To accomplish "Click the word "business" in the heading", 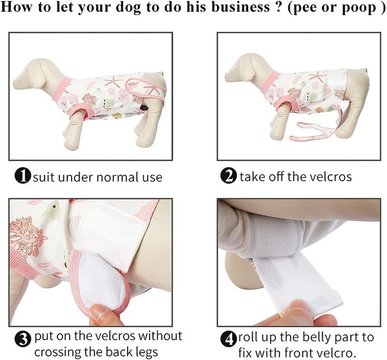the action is click(x=240, y=7).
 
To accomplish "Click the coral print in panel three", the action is click(x=27, y=237).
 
